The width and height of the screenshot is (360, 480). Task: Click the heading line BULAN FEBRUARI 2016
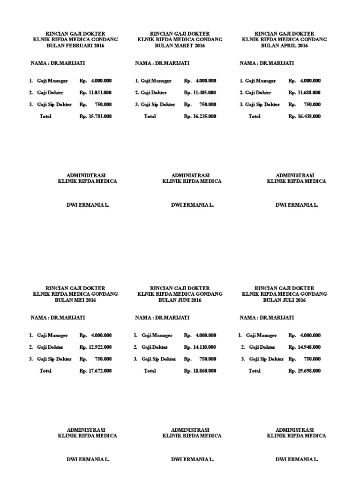[75, 46]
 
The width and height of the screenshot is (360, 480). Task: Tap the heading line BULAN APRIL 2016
[284, 46]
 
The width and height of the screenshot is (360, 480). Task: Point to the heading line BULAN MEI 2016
[75, 300]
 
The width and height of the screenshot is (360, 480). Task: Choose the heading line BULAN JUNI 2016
[180, 300]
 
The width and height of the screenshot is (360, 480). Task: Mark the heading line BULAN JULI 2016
[284, 300]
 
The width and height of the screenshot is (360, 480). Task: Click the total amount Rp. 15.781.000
[96, 116]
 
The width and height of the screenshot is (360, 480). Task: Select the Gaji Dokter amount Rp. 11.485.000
[200, 93]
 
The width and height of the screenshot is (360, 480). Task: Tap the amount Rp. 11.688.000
[305, 93]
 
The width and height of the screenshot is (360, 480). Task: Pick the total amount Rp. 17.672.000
[96, 371]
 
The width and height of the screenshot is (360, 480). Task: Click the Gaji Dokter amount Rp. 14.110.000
[200, 347]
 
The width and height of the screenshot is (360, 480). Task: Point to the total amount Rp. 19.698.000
[305, 371]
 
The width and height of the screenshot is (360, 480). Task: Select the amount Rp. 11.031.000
[96, 93]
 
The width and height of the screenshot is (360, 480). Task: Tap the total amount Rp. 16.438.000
[305, 116]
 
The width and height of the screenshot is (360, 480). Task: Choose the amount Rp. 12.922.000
[96, 347]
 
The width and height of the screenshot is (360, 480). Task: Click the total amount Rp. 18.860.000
[200, 371]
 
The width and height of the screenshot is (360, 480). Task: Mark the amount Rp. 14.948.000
[305, 347]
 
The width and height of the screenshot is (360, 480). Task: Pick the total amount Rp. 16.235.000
[200, 116]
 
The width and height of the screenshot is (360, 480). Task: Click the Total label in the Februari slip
[45, 116]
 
